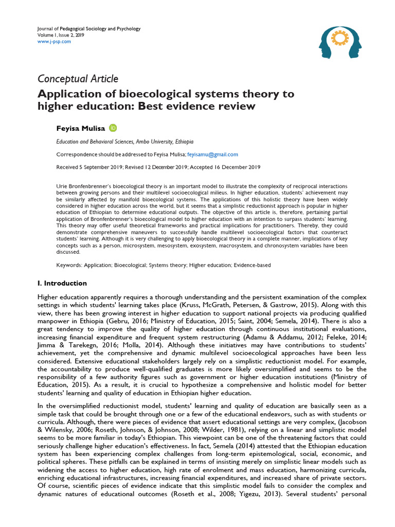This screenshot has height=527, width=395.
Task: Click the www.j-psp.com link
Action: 55,42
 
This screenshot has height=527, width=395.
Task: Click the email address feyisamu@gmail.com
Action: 205,154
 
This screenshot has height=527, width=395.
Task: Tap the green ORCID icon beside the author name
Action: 113,128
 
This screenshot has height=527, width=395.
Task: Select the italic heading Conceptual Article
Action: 78,79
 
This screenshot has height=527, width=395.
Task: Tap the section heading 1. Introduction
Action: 62,284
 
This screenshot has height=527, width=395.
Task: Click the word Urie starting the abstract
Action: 61,185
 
